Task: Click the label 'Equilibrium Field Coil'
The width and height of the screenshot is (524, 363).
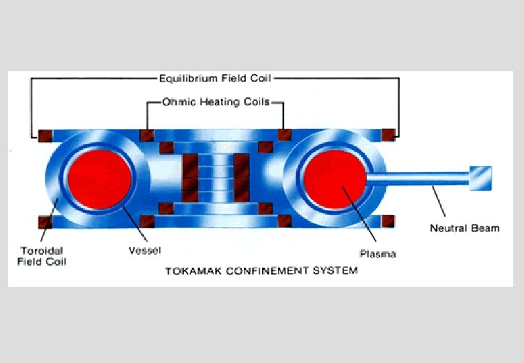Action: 215,79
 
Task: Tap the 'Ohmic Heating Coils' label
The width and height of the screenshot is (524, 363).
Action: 216,102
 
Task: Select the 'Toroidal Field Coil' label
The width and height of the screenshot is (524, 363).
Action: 42,256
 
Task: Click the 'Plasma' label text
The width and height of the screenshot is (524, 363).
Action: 378,253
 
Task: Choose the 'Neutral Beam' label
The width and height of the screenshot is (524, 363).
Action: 464,228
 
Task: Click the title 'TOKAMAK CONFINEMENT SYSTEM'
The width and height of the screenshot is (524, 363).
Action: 261,271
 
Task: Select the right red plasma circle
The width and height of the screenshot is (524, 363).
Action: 334,177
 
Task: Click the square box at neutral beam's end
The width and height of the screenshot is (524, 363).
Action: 480,176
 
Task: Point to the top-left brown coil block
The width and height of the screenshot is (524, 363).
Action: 46,134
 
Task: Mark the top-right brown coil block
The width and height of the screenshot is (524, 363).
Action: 388,134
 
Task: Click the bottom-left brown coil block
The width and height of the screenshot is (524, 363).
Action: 46,221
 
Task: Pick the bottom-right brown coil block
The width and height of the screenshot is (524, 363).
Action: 388,221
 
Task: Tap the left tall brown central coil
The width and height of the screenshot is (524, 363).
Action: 190,177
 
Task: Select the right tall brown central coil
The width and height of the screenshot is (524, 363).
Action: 241,177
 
